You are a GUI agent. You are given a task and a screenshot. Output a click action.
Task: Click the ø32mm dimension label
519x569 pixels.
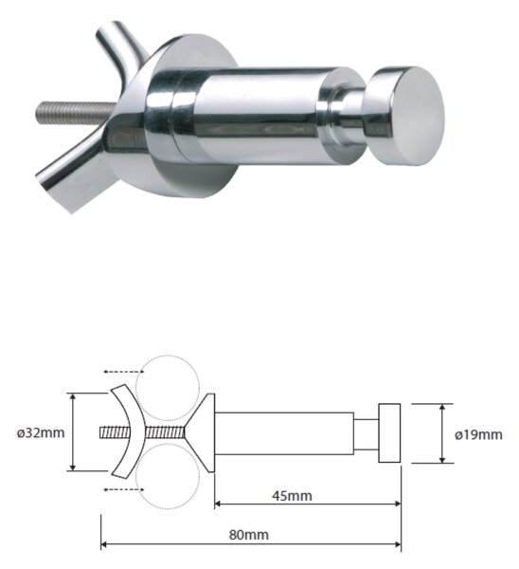[x=41, y=432]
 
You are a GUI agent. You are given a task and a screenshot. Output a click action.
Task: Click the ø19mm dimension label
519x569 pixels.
[x=478, y=434]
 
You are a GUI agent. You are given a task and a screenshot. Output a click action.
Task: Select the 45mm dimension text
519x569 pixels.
[x=292, y=496]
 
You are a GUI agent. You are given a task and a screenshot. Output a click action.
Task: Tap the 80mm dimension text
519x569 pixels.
[x=249, y=535]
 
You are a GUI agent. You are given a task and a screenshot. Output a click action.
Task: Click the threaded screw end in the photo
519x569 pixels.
[x=76, y=113]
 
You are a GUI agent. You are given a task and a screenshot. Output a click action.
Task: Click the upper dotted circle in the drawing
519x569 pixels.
[x=168, y=387]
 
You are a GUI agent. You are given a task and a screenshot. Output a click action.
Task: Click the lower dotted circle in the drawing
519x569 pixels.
[x=168, y=477]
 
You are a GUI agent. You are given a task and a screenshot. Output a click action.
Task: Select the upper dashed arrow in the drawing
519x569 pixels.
[x=122, y=372]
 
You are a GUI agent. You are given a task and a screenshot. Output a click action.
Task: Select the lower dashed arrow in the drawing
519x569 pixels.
[x=122, y=489]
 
